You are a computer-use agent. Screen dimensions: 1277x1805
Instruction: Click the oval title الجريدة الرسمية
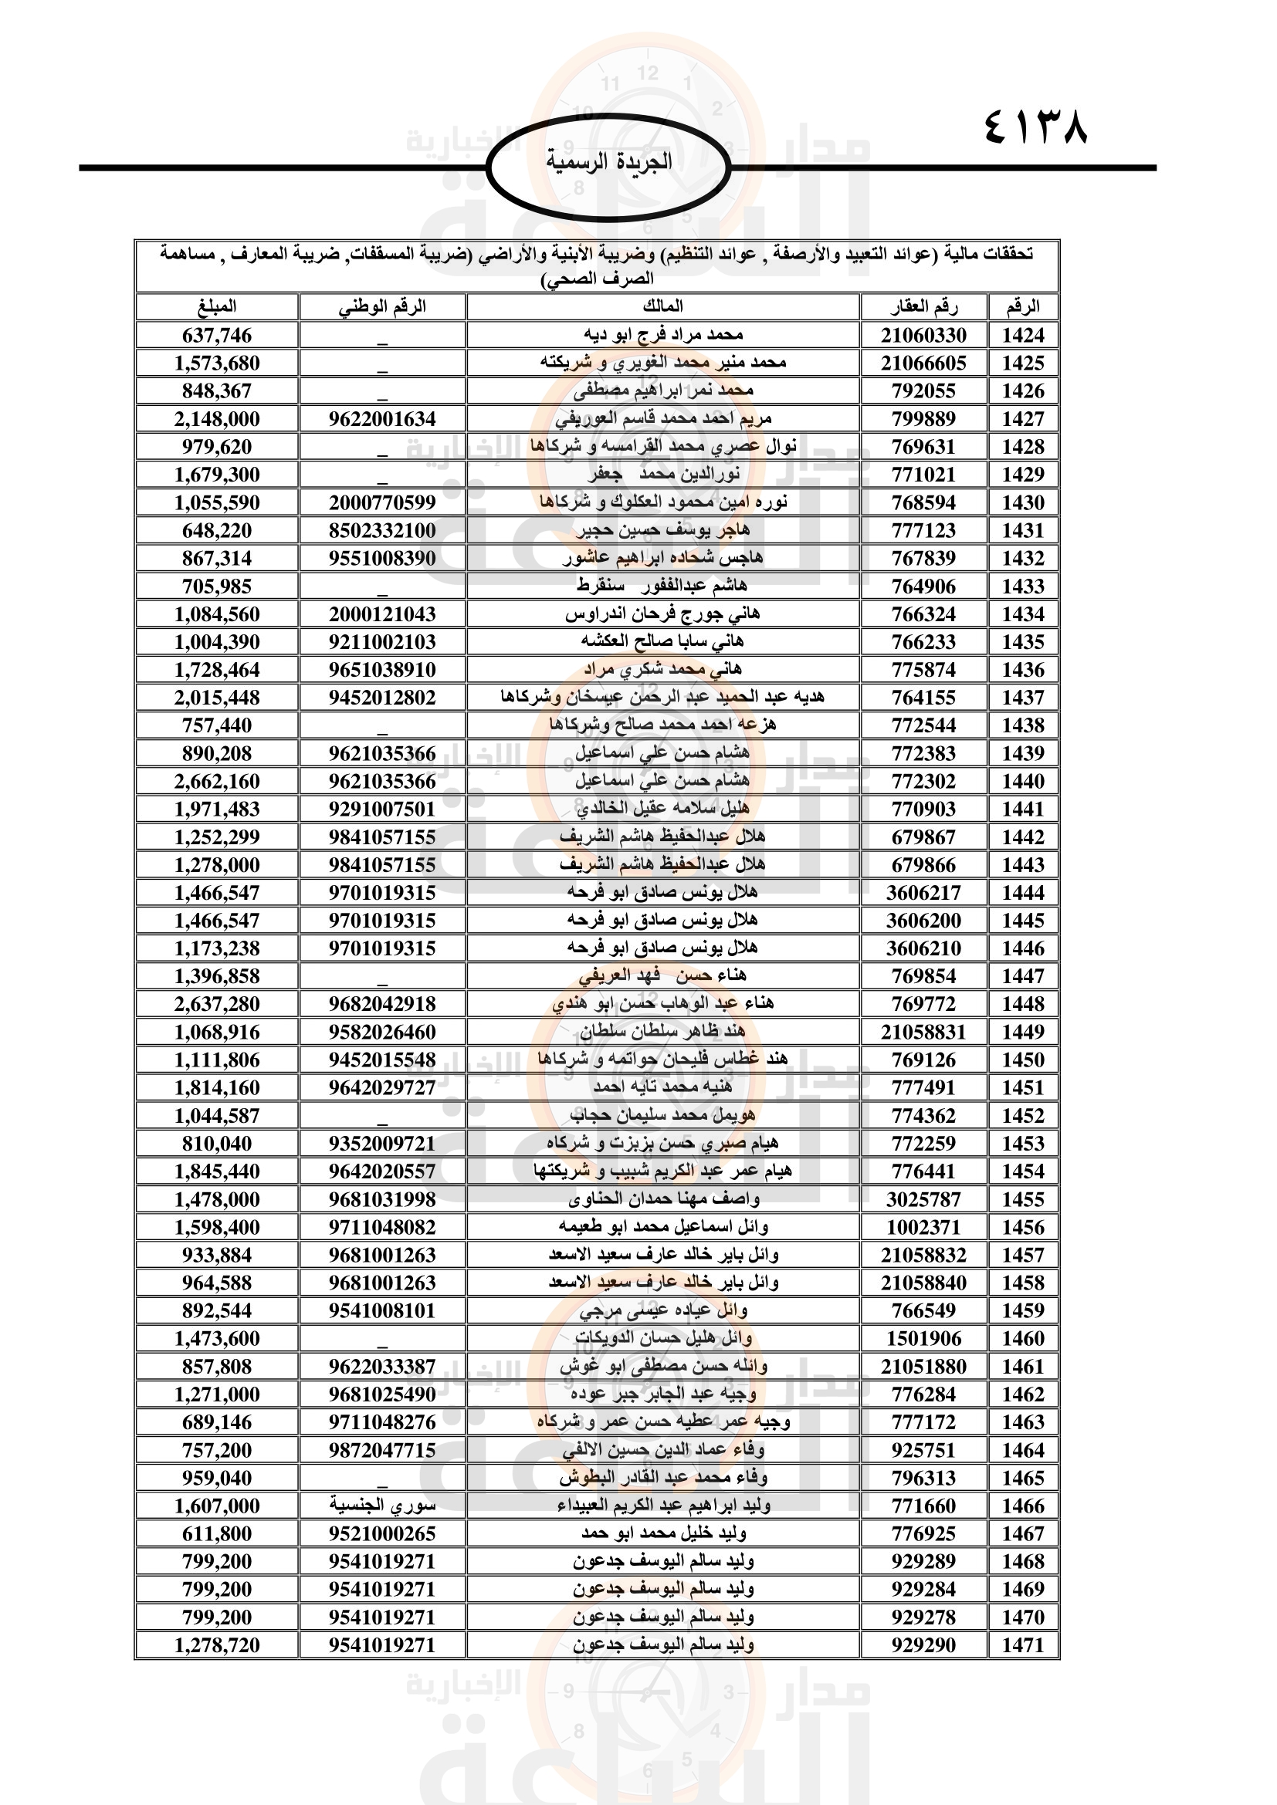pos(608,162)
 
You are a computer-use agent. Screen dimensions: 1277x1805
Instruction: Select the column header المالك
pos(663,306)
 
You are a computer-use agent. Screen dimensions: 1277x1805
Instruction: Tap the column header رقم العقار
pos(923,306)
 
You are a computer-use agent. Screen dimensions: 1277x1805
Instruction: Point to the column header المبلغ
pos(217,306)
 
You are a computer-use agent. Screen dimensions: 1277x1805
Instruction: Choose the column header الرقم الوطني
pos(382,306)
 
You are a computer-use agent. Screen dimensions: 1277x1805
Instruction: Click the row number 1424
pos(1022,335)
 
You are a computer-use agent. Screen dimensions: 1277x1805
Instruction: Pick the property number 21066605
pos(923,363)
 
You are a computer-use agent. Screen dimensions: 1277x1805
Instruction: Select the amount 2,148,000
pos(217,419)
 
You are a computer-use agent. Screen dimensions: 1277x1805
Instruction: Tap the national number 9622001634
pos(382,419)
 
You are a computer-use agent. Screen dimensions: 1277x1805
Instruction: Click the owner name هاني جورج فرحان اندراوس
pos(663,614)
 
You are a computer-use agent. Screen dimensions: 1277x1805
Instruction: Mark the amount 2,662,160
pos(217,782)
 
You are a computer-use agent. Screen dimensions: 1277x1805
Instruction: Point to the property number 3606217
pos(923,893)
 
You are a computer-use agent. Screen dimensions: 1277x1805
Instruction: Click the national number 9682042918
pos(382,1004)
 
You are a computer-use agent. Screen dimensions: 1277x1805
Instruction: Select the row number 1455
pos(1022,1200)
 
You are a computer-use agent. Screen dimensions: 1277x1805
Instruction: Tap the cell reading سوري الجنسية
pos(382,1506)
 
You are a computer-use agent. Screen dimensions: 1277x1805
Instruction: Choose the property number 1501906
pos(923,1339)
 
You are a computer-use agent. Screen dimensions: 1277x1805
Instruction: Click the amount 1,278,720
pos(217,1644)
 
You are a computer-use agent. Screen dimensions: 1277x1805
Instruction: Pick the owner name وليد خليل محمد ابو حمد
pos(663,1533)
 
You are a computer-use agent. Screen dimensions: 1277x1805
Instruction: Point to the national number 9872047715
pos(382,1451)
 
